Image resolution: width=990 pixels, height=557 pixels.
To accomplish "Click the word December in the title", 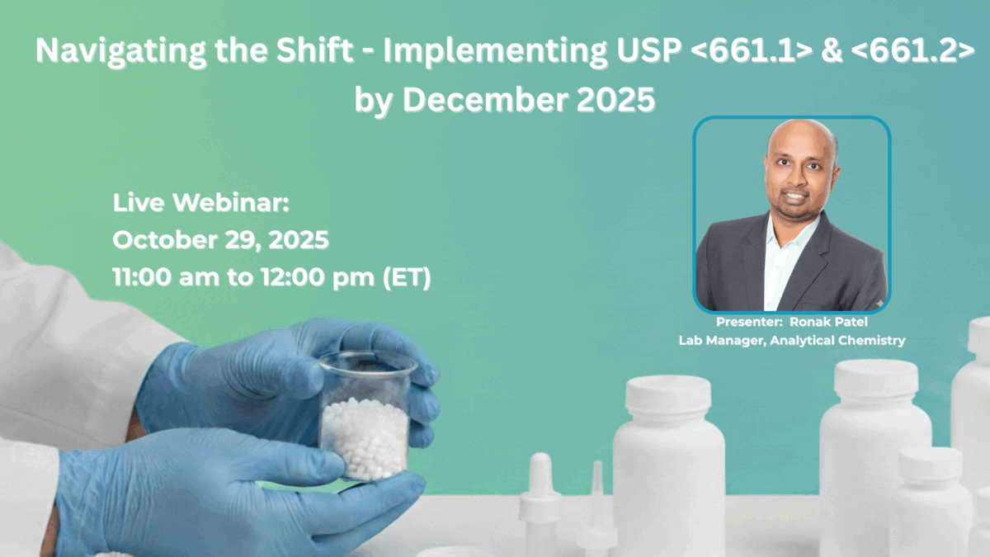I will (x=484, y=99).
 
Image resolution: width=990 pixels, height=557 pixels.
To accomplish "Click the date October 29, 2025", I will (x=221, y=240).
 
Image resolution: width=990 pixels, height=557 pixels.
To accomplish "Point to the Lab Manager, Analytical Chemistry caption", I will (x=791, y=340).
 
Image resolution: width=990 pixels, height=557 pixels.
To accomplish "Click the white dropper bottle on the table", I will (x=540, y=503).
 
